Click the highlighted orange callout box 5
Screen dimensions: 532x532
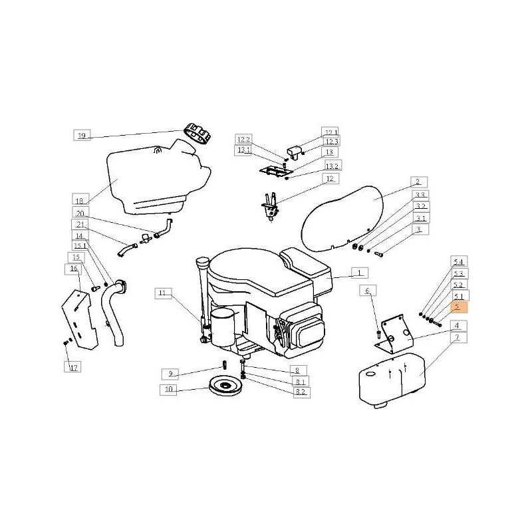click(459, 307)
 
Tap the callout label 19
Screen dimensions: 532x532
click(82, 135)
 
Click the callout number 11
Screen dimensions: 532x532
click(163, 293)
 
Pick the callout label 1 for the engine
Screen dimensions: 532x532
click(359, 273)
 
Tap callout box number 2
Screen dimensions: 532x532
click(419, 182)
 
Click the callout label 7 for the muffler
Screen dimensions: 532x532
click(459, 337)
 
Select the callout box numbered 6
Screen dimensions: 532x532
click(368, 291)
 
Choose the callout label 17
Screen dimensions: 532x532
click(72, 367)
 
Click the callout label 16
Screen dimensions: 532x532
click(73, 269)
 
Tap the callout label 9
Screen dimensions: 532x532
click(170, 374)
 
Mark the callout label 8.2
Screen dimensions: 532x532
click(301, 392)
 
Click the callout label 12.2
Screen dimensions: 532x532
click(243, 140)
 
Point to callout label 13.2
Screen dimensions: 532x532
click(333, 165)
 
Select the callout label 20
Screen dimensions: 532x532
click(80, 213)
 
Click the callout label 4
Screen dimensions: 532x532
click(459, 326)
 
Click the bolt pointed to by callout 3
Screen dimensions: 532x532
click(378, 253)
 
